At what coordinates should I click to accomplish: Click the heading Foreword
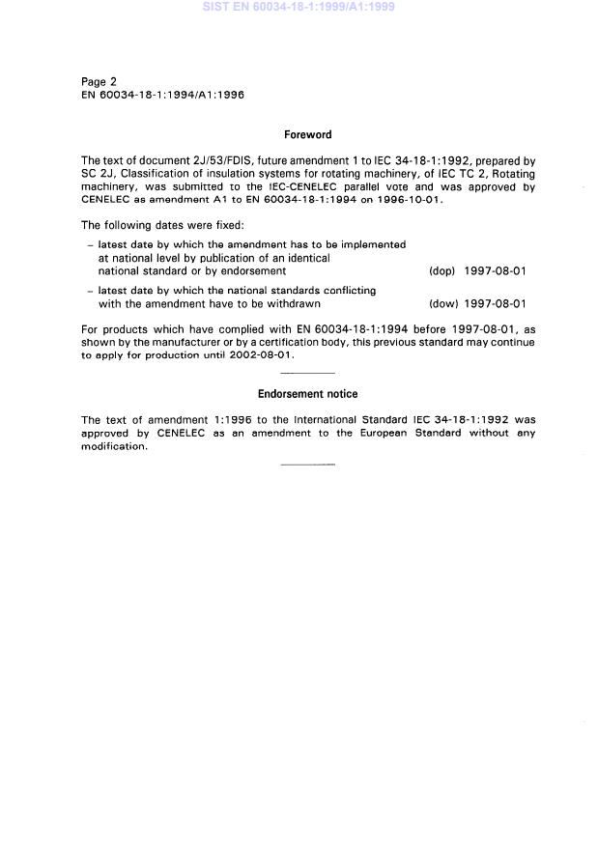point(307,136)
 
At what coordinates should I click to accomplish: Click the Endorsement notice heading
point(307,394)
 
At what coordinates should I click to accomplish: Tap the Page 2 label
point(100,83)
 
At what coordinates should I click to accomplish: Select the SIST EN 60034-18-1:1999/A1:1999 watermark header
point(299,8)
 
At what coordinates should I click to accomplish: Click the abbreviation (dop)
point(441,271)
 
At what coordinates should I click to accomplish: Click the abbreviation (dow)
point(441,303)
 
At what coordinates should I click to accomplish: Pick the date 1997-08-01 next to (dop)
point(495,271)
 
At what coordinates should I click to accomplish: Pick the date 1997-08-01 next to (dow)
point(495,303)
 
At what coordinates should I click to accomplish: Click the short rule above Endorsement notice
point(307,373)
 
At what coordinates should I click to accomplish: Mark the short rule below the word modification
point(307,465)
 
